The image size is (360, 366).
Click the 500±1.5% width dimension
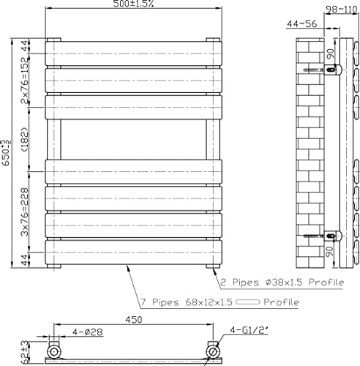(133, 4)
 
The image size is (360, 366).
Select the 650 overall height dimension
(6, 153)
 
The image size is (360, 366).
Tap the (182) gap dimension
(25, 139)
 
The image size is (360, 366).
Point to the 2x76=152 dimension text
(25, 80)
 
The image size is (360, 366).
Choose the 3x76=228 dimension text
(25, 212)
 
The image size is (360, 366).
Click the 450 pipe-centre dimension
(133, 320)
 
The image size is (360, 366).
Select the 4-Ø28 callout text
(88, 332)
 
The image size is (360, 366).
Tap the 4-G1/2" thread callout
(249, 330)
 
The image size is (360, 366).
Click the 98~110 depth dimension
(342, 10)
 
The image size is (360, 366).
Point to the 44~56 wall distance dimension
(301, 24)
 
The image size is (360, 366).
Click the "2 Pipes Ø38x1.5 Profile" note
(282, 283)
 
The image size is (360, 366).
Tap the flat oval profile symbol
(248, 302)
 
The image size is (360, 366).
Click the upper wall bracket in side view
(333, 70)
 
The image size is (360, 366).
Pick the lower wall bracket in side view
(333, 236)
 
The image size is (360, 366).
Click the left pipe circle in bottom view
(54, 352)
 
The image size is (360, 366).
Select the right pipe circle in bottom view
(213, 352)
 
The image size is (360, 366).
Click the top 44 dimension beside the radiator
(25, 46)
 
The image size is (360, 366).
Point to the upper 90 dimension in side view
(330, 54)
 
